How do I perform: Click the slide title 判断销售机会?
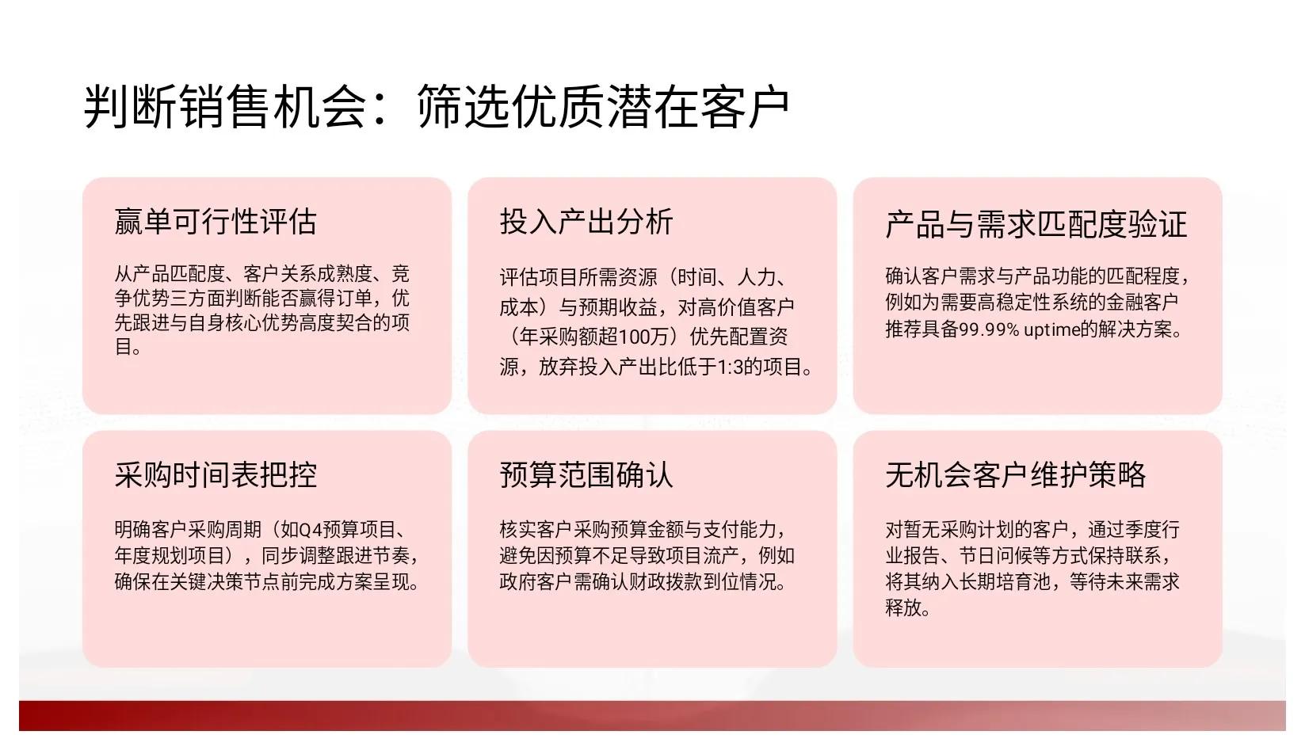click(x=225, y=107)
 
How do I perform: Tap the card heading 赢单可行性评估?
click(x=216, y=221)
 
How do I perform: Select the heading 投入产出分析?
click(x=586, y=221)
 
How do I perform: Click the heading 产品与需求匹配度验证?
click(x=1036, y=225)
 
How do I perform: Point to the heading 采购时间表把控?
click(x=216, y=474)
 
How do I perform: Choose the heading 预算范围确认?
click(x=586, y=474)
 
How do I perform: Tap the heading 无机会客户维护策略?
click(x=1016, y=474)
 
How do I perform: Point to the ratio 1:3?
click(x=731, y=367)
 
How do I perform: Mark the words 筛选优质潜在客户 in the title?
click(x=603, y=107)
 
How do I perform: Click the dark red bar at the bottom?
click(x=652, y=716)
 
